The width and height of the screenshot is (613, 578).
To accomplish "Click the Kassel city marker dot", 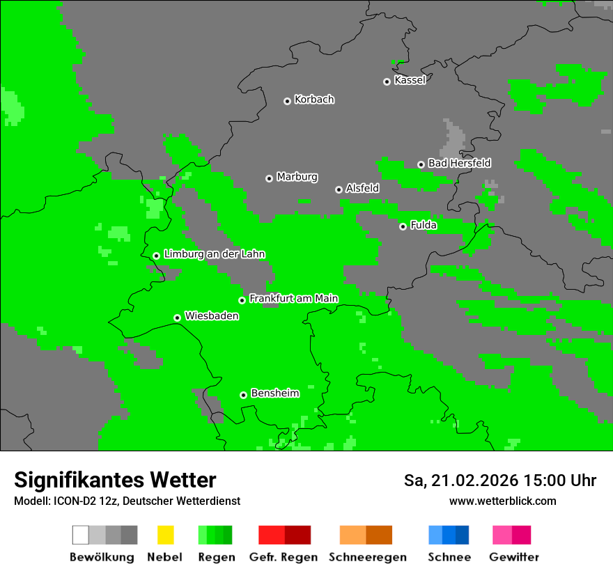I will [x=387, y=81].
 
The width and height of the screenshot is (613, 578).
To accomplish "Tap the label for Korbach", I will [x=314, y=100].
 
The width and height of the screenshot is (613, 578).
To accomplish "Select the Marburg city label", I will [x=297, y=177].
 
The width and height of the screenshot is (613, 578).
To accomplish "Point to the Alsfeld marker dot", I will [x=339, y=189].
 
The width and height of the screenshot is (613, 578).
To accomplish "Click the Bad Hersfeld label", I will [x=459, y=163].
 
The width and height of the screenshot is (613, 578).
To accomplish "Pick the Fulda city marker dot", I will [x=403, y=226].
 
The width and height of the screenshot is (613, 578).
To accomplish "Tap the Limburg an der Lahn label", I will [x=214, y=254].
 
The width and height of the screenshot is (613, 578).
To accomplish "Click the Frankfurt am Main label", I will [x=293, y=299].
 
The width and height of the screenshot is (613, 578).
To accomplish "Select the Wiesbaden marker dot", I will [x=177, y=318].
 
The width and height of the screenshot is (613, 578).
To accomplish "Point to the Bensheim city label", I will [x=274, y=393].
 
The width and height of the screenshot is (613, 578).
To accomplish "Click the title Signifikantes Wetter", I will [x=115, y=480].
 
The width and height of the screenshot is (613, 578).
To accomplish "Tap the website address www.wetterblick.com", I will [x=502, y=501].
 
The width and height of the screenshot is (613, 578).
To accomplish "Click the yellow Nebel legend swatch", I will [x=165, y=535].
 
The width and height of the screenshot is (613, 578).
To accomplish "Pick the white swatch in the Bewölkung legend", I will [x=80, y=535].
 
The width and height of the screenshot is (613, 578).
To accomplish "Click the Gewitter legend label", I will [x=513, y=557].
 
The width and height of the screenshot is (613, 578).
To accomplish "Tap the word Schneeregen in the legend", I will [x=368, y=557].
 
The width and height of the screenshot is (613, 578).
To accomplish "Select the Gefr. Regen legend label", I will [x=284, y=557].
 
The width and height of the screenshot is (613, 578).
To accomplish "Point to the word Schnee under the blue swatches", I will [x=449, y=557].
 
